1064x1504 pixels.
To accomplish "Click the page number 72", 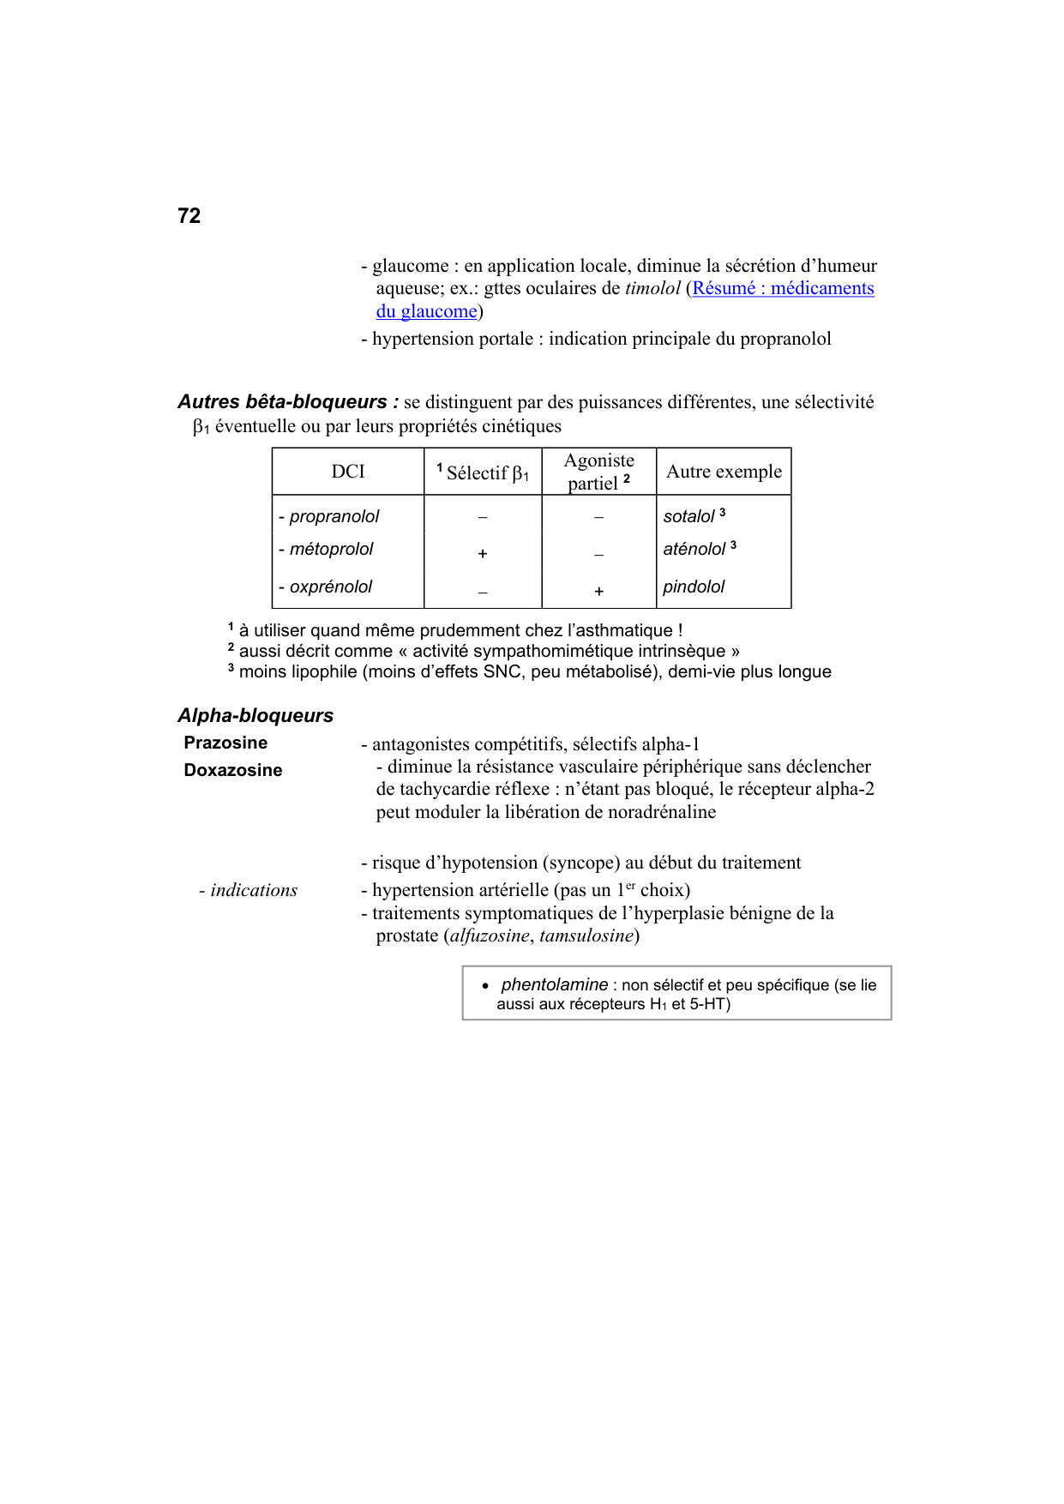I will pyautogui.click(x=189, y=216).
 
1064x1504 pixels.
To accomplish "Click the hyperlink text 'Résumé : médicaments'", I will pyautogui.click(x=783, y=289).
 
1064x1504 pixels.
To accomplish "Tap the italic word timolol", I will pyautogui.click(x=652, y=289).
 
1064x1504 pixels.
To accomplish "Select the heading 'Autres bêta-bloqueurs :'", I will pyautogui.click(x=288, y=402).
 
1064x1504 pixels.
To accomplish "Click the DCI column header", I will pyautogui.click(x=348, y=472).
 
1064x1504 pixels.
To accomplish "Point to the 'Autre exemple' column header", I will pyautogui.click(x=724, y=472).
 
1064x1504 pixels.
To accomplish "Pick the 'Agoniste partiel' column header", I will pyautogui.click(x=598, y=472).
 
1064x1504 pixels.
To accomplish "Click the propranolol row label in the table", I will pyautogui.click(x=334, y=516).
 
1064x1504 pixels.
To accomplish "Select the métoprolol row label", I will pyautogui.click(x=331, y=549).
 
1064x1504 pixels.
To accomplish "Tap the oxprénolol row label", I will pyautogui.click(x=330, y=587).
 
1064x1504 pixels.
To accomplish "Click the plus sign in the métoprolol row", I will pyautogui.click(x=483, y=554).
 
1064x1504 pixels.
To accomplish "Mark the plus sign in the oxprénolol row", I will pyautogui.click(x=598, y=591).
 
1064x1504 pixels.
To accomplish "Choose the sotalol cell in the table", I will pyautogui.click(x=689, y=516).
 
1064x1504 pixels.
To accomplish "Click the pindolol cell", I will pyautogui.click(x=694, y=587).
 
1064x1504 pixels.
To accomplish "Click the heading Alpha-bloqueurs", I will pyautogui.click(x=255, y=716).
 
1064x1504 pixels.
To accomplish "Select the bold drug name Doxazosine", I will pyautogui.click(x=232, y=770).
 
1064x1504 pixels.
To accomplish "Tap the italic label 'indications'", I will pyautogui.click(x=254, y=890).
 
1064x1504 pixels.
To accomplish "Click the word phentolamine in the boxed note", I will pyautogui.click(x=555, y=984).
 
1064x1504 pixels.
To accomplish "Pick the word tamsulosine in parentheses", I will pyautogui.click(x=586, y=935).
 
